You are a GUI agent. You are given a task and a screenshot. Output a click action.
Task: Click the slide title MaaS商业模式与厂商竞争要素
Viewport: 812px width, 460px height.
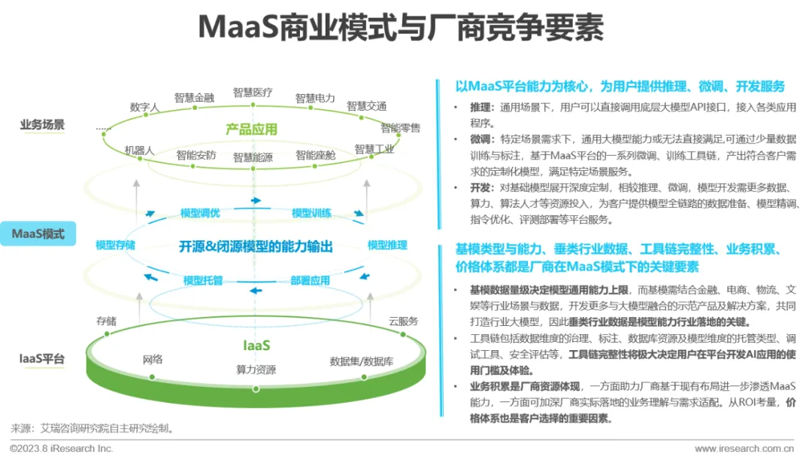coord(400,28)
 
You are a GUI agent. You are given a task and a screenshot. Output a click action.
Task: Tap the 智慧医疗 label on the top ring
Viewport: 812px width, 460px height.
coord(253,93)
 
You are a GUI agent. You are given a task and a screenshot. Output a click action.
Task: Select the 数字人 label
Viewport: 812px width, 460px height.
coord(144,108)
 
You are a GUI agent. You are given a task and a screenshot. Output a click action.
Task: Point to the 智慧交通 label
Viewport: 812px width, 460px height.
coord(366,106)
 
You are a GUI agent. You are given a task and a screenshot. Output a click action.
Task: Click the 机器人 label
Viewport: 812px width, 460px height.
coord(139,151)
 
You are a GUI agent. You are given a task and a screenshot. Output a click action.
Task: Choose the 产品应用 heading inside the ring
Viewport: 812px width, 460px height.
coord(251,129)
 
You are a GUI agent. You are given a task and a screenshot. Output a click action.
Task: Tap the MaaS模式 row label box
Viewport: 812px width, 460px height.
coord(38,234)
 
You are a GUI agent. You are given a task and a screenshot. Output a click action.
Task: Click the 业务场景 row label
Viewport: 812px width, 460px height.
coord(42,125)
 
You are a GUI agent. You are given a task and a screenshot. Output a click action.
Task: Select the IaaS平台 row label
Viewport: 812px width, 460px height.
coord(42,359)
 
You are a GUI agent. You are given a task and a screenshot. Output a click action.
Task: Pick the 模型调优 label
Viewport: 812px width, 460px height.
coord(200,213)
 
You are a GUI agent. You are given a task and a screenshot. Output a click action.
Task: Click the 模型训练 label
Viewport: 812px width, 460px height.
coord(312,213)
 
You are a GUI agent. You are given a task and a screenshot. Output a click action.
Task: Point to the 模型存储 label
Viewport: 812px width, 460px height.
coord(115,245)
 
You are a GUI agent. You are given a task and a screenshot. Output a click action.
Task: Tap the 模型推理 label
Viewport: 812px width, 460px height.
coord(387,245)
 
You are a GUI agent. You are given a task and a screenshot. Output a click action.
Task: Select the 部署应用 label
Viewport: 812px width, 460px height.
coord(311,281)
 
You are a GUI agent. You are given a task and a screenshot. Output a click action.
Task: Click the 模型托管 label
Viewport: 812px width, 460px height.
coord(203,281)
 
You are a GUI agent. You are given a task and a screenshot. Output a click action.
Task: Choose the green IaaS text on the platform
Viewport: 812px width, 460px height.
coord(256,346)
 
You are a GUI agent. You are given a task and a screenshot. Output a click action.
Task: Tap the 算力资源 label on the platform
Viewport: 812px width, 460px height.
coord(256,370)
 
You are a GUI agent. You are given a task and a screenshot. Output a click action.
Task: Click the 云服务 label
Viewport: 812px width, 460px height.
coord(403,321)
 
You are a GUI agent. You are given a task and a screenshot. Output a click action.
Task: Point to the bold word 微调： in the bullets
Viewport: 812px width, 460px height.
coord(482,140)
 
